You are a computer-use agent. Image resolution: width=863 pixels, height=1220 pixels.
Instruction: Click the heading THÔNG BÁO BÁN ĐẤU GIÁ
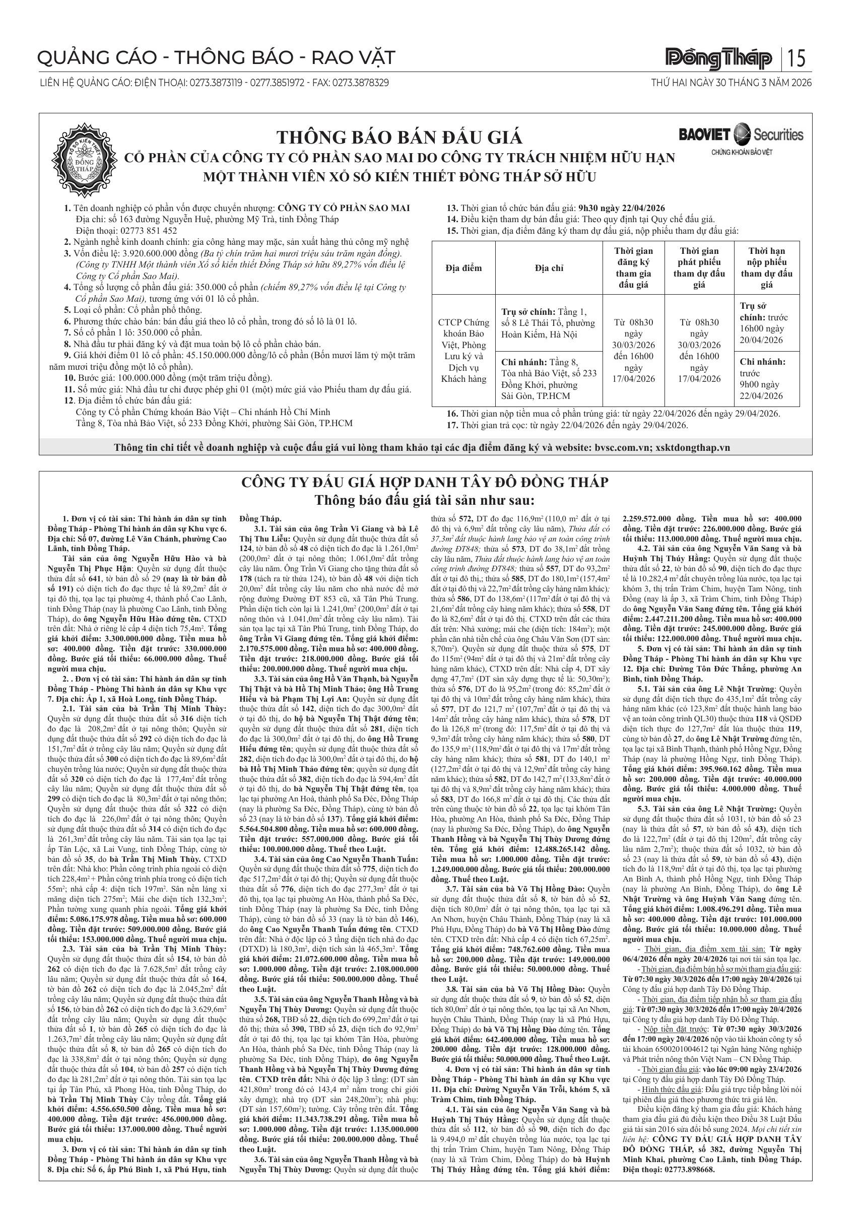coord(399,138)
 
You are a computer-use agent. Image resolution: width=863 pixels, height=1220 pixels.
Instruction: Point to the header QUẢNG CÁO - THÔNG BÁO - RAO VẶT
coord(217,57)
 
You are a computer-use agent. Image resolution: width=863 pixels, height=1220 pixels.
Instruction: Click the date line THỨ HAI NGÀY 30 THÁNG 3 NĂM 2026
coord(731,83)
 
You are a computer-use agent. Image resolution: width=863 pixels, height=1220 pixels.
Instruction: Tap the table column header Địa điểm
coord(463,268)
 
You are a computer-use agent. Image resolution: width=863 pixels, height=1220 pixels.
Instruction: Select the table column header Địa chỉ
coord(549,268)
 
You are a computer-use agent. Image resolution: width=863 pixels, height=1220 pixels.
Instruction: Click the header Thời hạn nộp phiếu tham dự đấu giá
coord(766,268)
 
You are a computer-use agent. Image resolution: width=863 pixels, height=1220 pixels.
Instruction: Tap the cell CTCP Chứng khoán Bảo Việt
coord(463,351)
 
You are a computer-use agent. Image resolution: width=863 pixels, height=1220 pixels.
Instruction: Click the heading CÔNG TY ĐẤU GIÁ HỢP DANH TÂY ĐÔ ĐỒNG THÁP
coord(425,483)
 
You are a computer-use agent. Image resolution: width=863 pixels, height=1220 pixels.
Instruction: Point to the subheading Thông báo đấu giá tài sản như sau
coord(425,501)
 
